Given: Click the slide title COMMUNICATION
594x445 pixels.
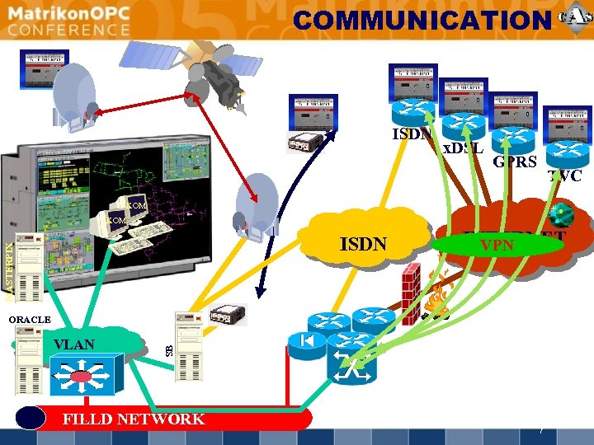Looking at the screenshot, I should pos(421,20).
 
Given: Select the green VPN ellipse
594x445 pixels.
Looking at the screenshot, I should pos(497,245).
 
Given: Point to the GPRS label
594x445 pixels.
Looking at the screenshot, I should pos(515,162).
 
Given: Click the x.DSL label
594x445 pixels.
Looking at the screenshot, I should pos(464,148).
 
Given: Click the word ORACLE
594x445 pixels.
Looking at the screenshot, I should pos(29,319).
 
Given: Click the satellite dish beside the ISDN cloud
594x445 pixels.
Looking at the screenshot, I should pos(252,206).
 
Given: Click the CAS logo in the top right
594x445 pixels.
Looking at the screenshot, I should pos(574,18).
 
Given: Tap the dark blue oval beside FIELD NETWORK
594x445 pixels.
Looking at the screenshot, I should pos(31,419).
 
